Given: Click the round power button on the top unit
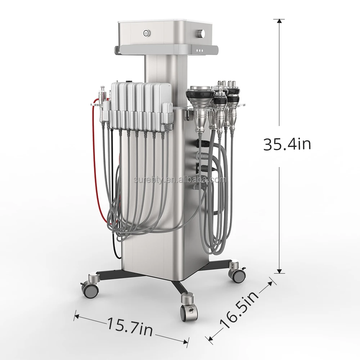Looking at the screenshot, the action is click(x=145, y=33).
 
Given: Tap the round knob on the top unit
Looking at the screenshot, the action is click(x=202, y=33).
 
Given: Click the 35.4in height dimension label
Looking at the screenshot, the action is click(x=287, y=144).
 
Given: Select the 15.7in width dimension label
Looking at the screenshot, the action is click(x=130, y=327).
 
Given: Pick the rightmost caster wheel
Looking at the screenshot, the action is click(x=237, y=273).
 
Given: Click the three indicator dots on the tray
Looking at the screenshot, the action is click(x=200, y=50).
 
